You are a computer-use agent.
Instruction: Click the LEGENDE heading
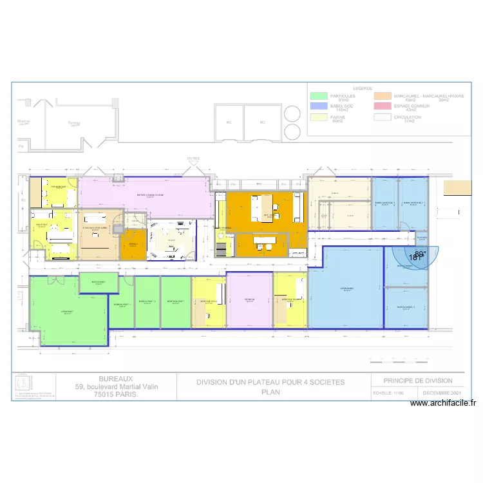tap(362, 88)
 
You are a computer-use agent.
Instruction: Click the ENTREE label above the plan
tap(193, 158)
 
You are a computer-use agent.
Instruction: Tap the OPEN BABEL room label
tap(346, 289)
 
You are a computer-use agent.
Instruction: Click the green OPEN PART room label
tap(67, 312)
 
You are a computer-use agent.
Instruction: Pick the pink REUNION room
tap(249, 299)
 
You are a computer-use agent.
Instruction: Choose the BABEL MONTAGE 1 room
tap(384, 203)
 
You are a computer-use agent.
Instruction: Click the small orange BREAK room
tap(133, 244)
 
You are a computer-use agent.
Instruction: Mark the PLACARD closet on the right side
tap(422, 238)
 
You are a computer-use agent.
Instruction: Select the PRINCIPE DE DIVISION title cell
tap(418, 381)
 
